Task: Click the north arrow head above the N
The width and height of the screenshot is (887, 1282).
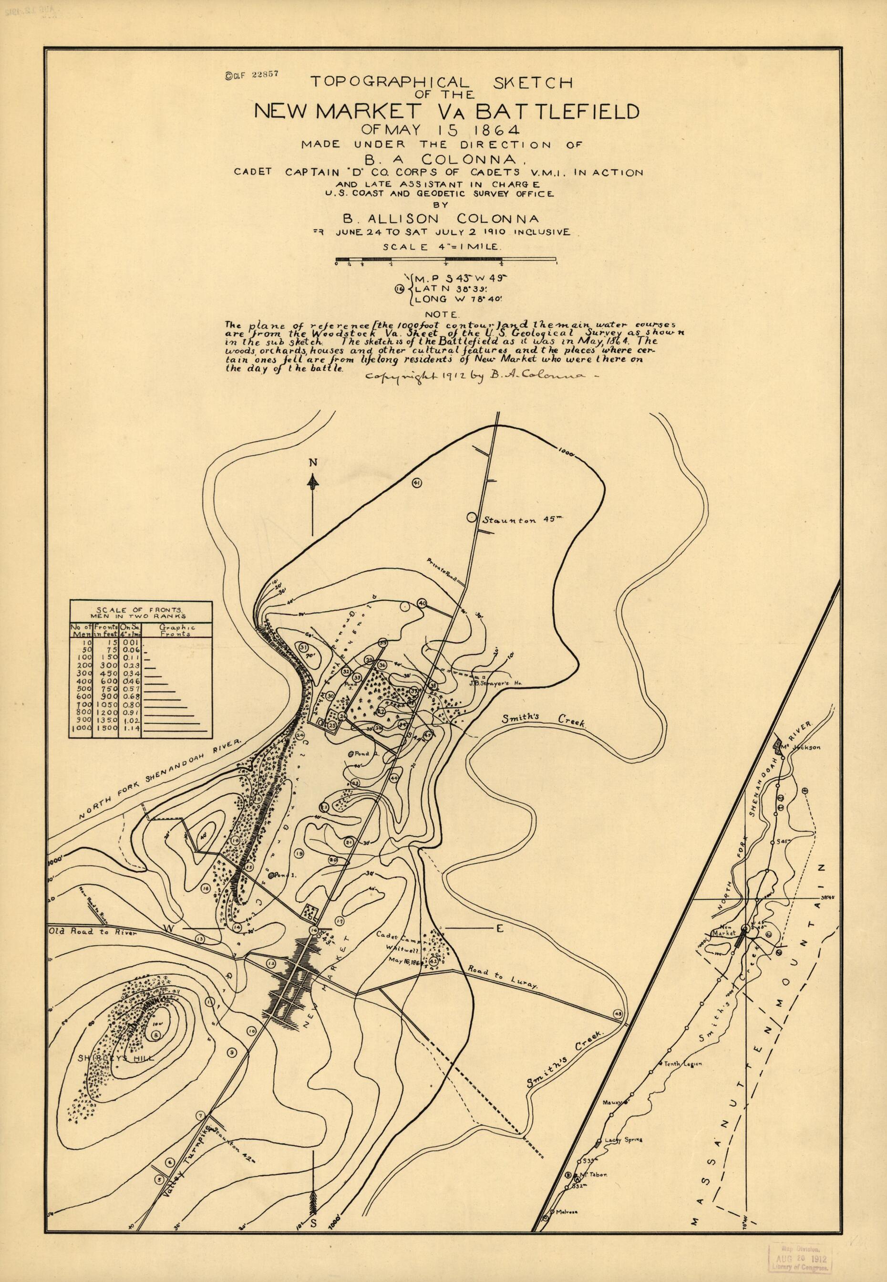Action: pyautogui.click(x=313, y=479)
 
